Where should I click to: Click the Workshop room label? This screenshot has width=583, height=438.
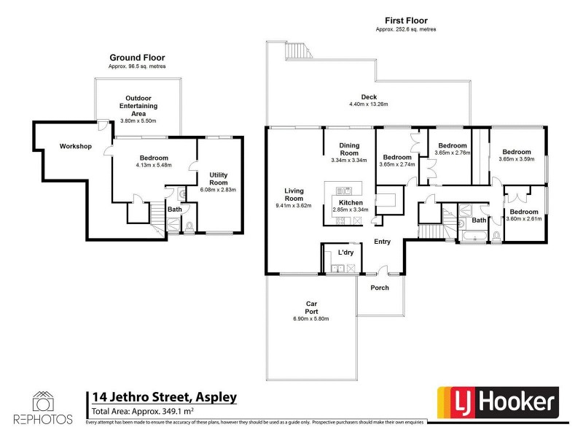coord(75,147)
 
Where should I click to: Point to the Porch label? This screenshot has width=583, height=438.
coord(380,288)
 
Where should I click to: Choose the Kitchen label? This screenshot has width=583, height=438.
coord(351,202)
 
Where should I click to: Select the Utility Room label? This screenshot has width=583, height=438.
coord(219,179)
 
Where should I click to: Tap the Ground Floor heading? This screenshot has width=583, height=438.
coord(137,57)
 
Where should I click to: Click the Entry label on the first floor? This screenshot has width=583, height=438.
coord(383,242)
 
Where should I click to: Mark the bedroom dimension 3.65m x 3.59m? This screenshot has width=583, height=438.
coord(517,159)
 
